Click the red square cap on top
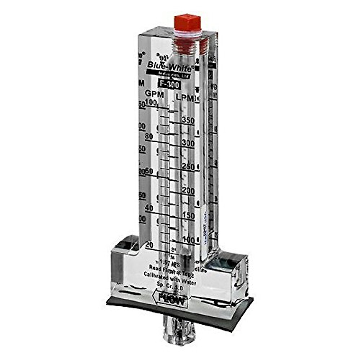tap(187, 23)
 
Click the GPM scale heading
tap(154, 94)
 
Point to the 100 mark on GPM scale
tap(151, 103)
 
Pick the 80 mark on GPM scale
tap(149, 136)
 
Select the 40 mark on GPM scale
tap(149, 208)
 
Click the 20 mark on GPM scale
tap(149, 245)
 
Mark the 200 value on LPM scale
tap(188, 191)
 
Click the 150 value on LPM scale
tap(188, 215)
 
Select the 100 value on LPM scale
tap(188, 240)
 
